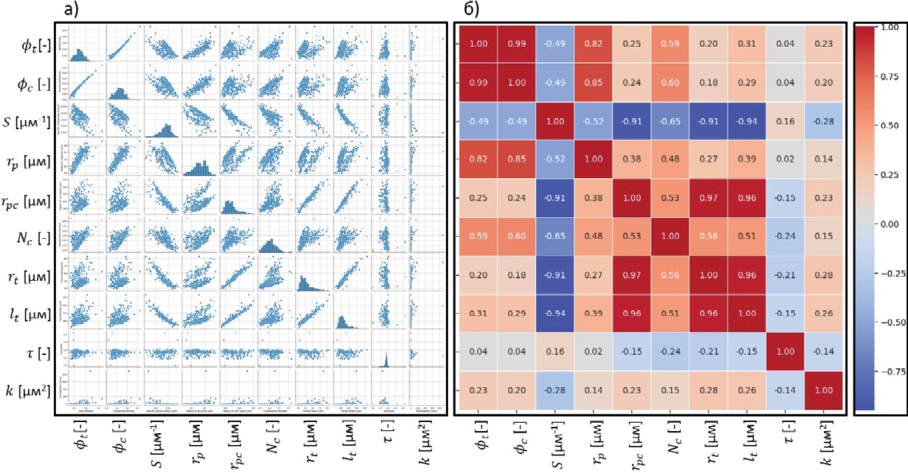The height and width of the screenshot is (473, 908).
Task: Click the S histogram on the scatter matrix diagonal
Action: coord(161,120)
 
